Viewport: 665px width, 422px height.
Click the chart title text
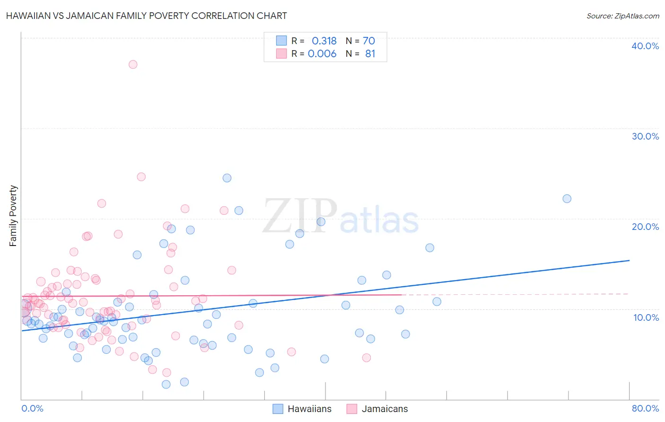click(146, 16)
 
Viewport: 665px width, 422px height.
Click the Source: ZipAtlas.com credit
click(622, 16)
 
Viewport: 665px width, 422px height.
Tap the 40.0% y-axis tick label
click(645, 46)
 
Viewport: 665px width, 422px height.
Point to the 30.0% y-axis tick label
click(645, 136)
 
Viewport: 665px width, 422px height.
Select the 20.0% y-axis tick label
click(645, 227)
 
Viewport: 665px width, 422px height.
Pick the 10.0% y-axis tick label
click(646, 317)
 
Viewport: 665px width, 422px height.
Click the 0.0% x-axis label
click(32, 408)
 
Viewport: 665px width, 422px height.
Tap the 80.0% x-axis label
click(645, 408)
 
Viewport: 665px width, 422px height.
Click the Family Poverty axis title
click(13, 216)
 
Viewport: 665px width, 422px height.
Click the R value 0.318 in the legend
click(324, 41)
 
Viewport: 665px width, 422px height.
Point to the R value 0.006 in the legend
click(322, 54)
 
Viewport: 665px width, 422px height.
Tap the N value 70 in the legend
click(369, 41)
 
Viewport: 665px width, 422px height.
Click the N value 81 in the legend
click(370, 54)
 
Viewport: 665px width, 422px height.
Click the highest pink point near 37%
click(133, 64)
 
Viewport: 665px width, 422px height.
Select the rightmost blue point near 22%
click(567, 199)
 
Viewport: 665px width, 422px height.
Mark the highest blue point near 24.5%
click(227, 178)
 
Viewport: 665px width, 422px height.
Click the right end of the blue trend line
click(629, 260)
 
